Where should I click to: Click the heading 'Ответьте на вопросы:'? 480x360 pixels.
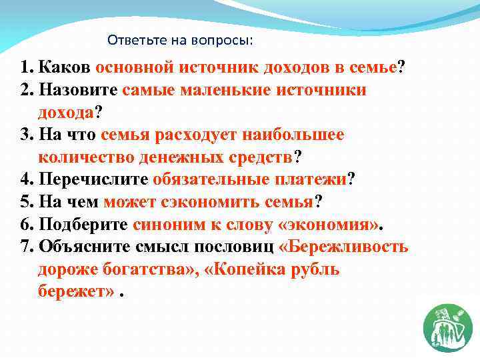point(180,41)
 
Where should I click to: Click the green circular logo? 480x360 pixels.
point(447,326)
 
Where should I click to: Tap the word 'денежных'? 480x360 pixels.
point(173,157)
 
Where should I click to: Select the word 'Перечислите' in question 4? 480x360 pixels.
point(93,180)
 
